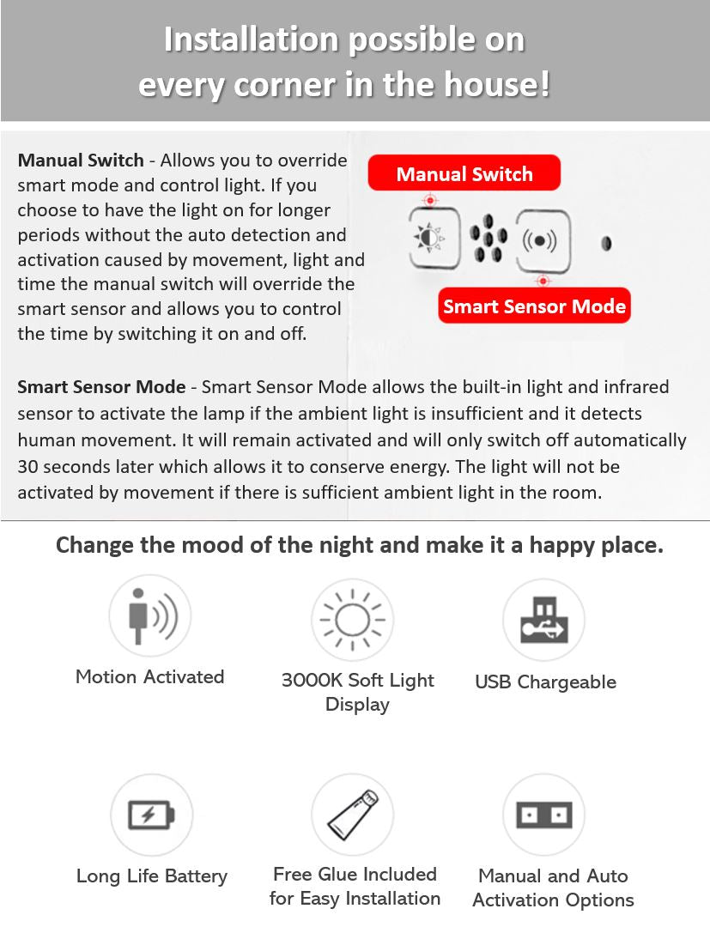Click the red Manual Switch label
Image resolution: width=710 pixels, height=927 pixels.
pos(464,174)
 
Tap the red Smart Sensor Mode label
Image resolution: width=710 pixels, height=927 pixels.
pos(534,306)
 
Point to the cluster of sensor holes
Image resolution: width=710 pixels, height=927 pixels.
pos(488,238)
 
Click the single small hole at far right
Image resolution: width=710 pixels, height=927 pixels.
pos(606,243)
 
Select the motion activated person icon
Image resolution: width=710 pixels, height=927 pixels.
pos(149,615)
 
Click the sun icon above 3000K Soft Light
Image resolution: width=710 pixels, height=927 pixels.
pos(351,619)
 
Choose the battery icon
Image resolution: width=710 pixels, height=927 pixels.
pos(151,814)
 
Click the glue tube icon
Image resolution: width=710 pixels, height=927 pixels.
pos(352,815)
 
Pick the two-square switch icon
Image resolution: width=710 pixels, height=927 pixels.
pos(543,814)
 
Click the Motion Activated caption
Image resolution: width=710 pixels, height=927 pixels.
pos(149,676)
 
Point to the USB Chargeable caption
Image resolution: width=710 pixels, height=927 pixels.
pos(545,682)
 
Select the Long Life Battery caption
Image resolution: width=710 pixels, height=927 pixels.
pos(152,876)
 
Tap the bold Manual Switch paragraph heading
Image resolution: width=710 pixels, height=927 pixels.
pos(81,161)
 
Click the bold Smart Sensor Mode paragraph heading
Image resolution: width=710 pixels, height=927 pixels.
pos(101,387)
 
